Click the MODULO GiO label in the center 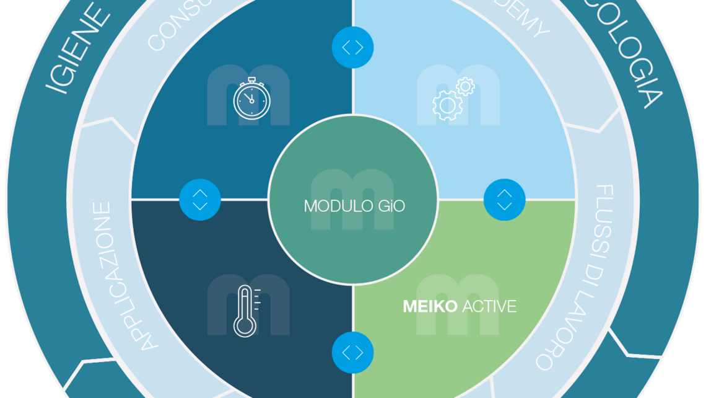(354, 205)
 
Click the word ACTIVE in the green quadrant (489, 306)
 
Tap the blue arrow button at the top (352, 47)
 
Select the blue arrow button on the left (200, 200)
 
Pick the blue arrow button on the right (504, 200)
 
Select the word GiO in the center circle (391, 205)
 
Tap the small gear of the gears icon (464, 87)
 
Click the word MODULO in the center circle (338, 205)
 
